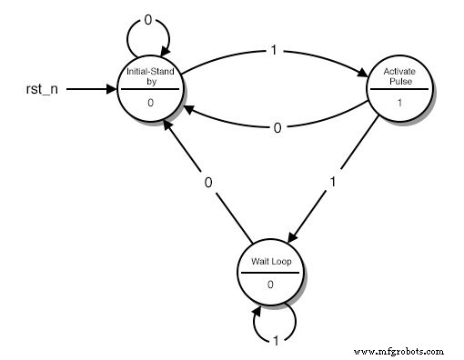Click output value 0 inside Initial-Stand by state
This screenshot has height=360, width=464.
click(150, 103)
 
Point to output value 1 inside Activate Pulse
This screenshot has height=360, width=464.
click(398, 103)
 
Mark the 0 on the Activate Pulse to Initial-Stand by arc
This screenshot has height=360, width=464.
click(277, 128)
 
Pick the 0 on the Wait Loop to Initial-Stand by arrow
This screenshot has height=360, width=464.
click(208, 183)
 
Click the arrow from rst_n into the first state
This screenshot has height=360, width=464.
click(91, 90)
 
